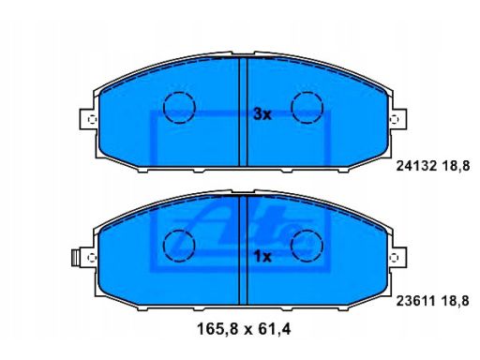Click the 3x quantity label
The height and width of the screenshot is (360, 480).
click(262, 114)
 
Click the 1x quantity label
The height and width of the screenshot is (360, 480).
click(263, 257)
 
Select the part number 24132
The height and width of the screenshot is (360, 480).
click(416, 166)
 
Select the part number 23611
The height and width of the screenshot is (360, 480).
click(416, 301)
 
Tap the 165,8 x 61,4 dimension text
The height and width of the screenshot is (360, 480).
click(244, 329)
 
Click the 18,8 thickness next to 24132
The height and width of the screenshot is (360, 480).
click(456, 166)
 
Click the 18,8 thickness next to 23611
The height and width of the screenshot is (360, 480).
click(456, 301)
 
